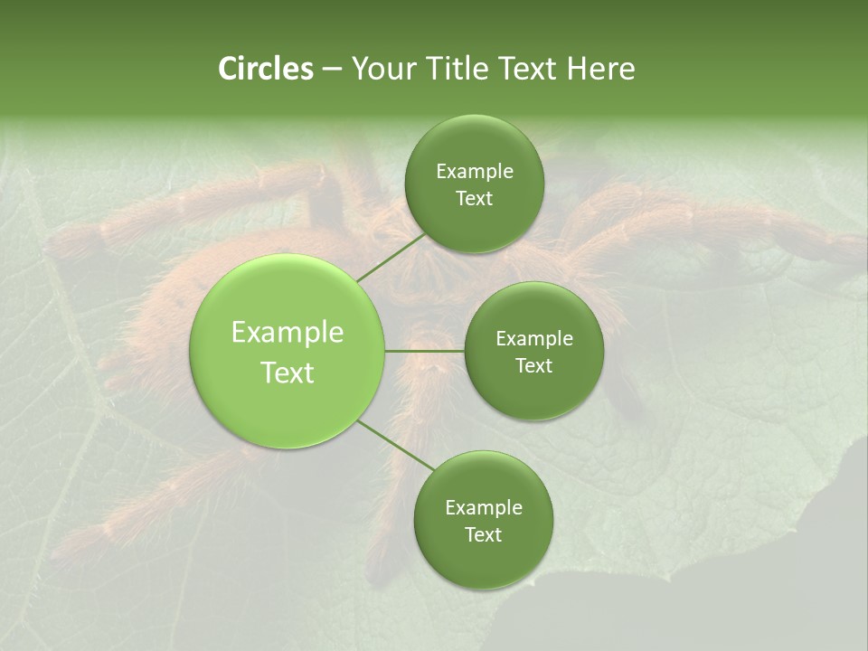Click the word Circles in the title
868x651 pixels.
[x=265, y=69]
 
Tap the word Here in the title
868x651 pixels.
[x=601, y=69]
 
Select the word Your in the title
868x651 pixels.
[x=382, y=69]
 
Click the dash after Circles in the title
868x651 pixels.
[x=332, y=70]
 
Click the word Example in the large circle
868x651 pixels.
[x=287, y=333]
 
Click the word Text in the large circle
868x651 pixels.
[x=287, y=373]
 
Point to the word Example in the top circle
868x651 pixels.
[x=474, y=172]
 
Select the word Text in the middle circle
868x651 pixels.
[x=533, y=365]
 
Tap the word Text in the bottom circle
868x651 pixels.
[x=483, y=534]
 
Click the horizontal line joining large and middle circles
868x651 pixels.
[x=424, y=351]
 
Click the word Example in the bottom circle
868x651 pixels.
[x=483, y=507]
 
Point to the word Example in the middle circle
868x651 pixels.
[x=533, y=338]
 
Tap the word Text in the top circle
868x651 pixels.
[x=474, y=199]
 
